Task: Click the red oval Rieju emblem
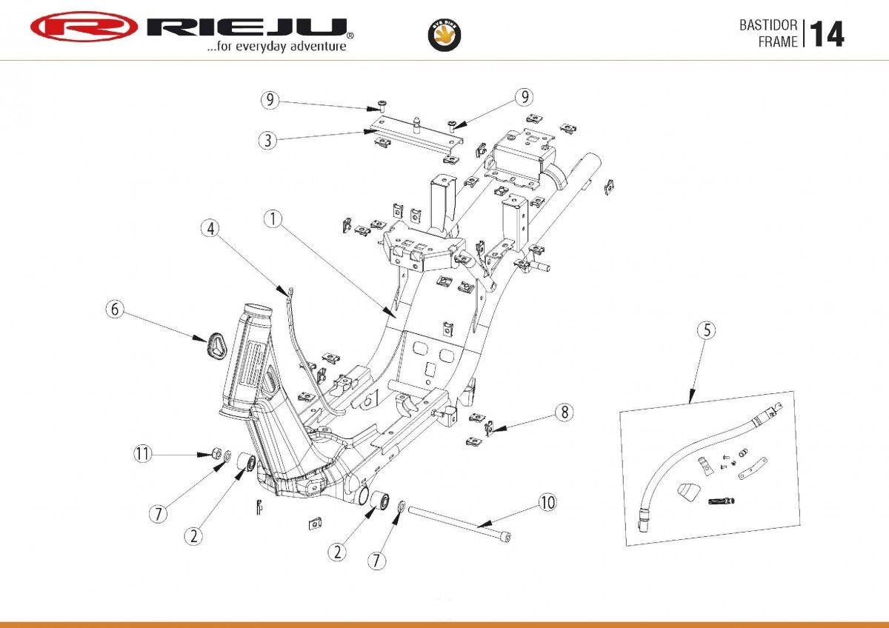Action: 84,27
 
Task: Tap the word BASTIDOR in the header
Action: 768,25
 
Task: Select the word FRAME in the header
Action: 778,41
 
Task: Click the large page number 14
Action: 827,34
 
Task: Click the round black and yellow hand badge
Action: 444,35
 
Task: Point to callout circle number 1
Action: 273,219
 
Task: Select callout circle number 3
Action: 268,141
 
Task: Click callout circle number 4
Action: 210,229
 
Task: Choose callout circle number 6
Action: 115,309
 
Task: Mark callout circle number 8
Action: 565,412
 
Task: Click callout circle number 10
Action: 547,503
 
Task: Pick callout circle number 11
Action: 142,453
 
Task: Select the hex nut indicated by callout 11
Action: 216,452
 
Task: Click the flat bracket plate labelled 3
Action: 416,135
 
